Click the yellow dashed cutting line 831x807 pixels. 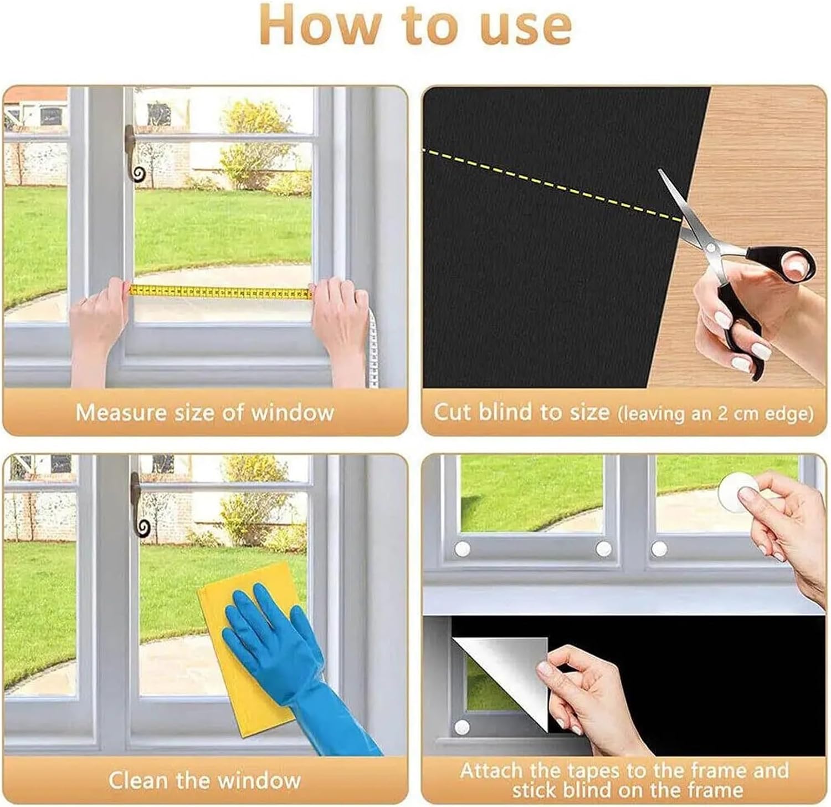(548, 184)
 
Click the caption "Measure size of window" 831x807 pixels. (204, 413)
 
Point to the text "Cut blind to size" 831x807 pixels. (521, 413)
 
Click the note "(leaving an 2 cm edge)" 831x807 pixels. (715, 414)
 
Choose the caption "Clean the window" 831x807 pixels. (204, 780)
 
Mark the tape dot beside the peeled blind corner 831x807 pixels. (461, 727)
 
